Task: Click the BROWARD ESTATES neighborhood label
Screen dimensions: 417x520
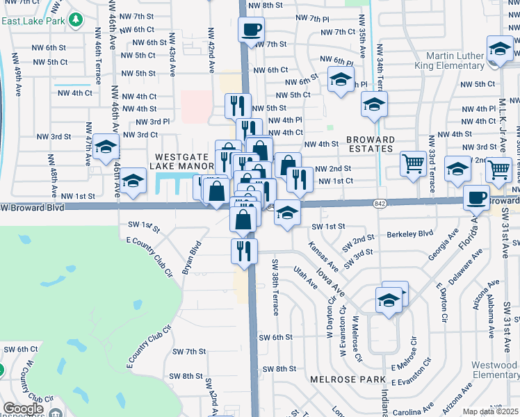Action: click(x=370, y=144)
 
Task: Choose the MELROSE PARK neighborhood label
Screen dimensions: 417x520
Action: click(x=348, y=379)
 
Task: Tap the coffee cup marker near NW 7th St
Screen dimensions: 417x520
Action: click(x=251, y=30)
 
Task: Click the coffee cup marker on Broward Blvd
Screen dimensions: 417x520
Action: click(x=477, y=197)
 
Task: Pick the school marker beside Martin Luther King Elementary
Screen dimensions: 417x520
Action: click(x=500, y=49)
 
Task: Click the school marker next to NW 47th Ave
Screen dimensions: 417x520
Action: click(x=106, y=147)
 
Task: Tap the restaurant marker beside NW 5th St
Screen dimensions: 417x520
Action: click(x=238, y=106)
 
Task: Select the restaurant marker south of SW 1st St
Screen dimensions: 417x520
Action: click(x=244, y=251)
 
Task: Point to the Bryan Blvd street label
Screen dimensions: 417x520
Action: click(x=193, y=255)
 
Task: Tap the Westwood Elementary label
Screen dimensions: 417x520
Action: click(x=494, y=370)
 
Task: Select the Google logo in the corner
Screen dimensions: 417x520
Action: click(x=22, y=409)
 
